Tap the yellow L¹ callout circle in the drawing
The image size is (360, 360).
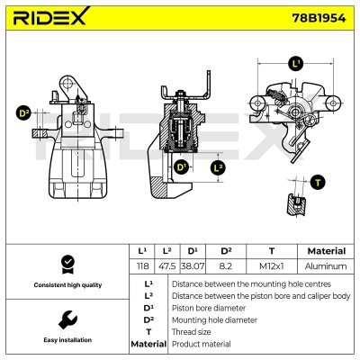pyautogui.click(x=295, y=64)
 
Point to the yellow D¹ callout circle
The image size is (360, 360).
pyautogui.click(x=181, y=167)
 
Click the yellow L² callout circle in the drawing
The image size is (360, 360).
pyautogui.click(x=219, y=167)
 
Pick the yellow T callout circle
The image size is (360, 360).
pyautogui.click(x=317, y=182)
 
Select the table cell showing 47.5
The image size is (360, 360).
pyautogui.click(x=166, y=266)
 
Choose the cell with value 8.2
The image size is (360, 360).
pyautogui.click(x=226, y=266)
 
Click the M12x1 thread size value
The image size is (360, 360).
pyautogui.click(x=271, y=266)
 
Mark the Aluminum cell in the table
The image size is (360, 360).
pyautogui.click(x=326, y=266)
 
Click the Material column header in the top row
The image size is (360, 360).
pyautogui.click(x=326, y=251)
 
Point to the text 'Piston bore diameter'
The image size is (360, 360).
pyautogui.click(x=208, y=307)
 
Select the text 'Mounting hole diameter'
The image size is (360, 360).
pyautogui.click(x=212, y=319)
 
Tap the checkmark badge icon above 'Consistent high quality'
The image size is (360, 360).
pyautogui.click(x=67, y=264)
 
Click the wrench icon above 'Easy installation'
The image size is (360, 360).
pyautogui.click(x=67, y=319)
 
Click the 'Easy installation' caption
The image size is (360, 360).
pyautogui.click(x=67, y=341)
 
